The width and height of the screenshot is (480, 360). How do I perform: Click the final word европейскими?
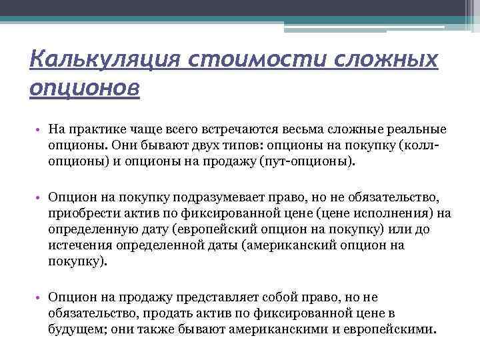(x=386, y=330)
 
